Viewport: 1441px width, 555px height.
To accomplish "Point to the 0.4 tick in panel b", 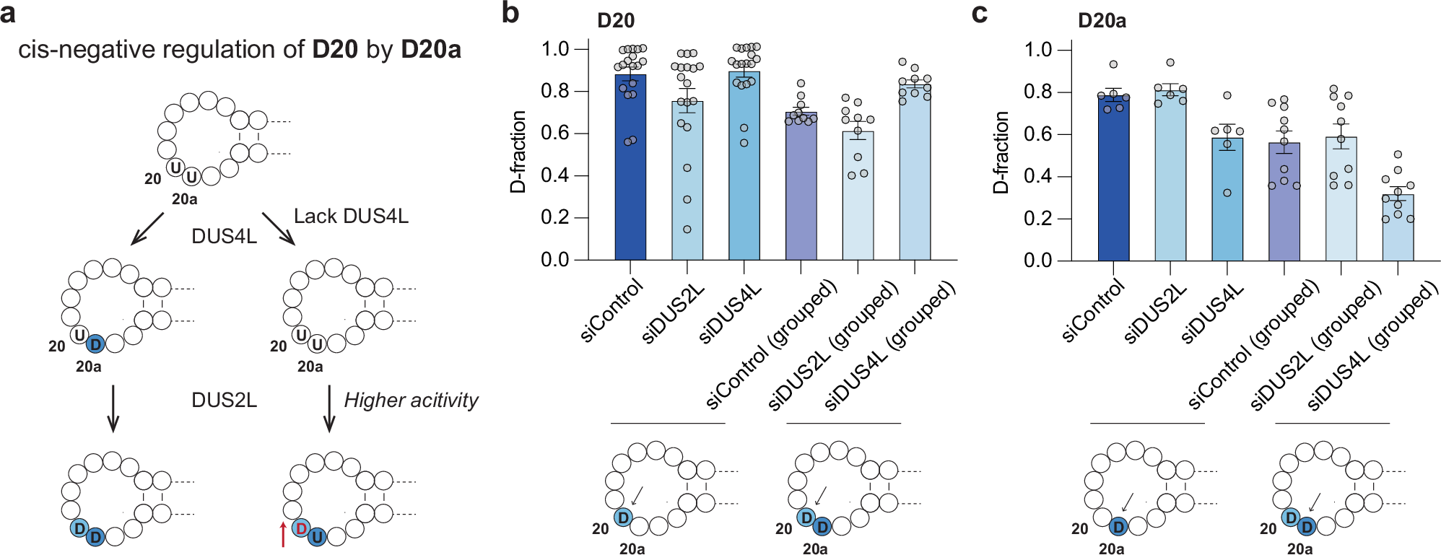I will (x=582, y=175).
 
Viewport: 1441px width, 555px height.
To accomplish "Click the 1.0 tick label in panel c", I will (x=1037, y=50).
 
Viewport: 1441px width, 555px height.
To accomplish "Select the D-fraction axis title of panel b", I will (x=518, y=152).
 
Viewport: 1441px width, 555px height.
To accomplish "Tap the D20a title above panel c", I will (x=1102, y=21).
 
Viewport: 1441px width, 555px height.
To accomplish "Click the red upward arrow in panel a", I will (x=283, y=534).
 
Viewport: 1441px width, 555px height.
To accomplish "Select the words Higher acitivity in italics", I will (x=411, y=400).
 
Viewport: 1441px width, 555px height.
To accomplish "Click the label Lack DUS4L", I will (x=351, y=216).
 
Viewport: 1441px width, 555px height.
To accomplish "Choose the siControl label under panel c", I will (x=1093, y=311).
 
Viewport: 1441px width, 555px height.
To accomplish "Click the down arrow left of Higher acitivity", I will (x=330, y=408).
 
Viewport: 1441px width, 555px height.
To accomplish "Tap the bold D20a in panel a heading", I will (x=431, y=49).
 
